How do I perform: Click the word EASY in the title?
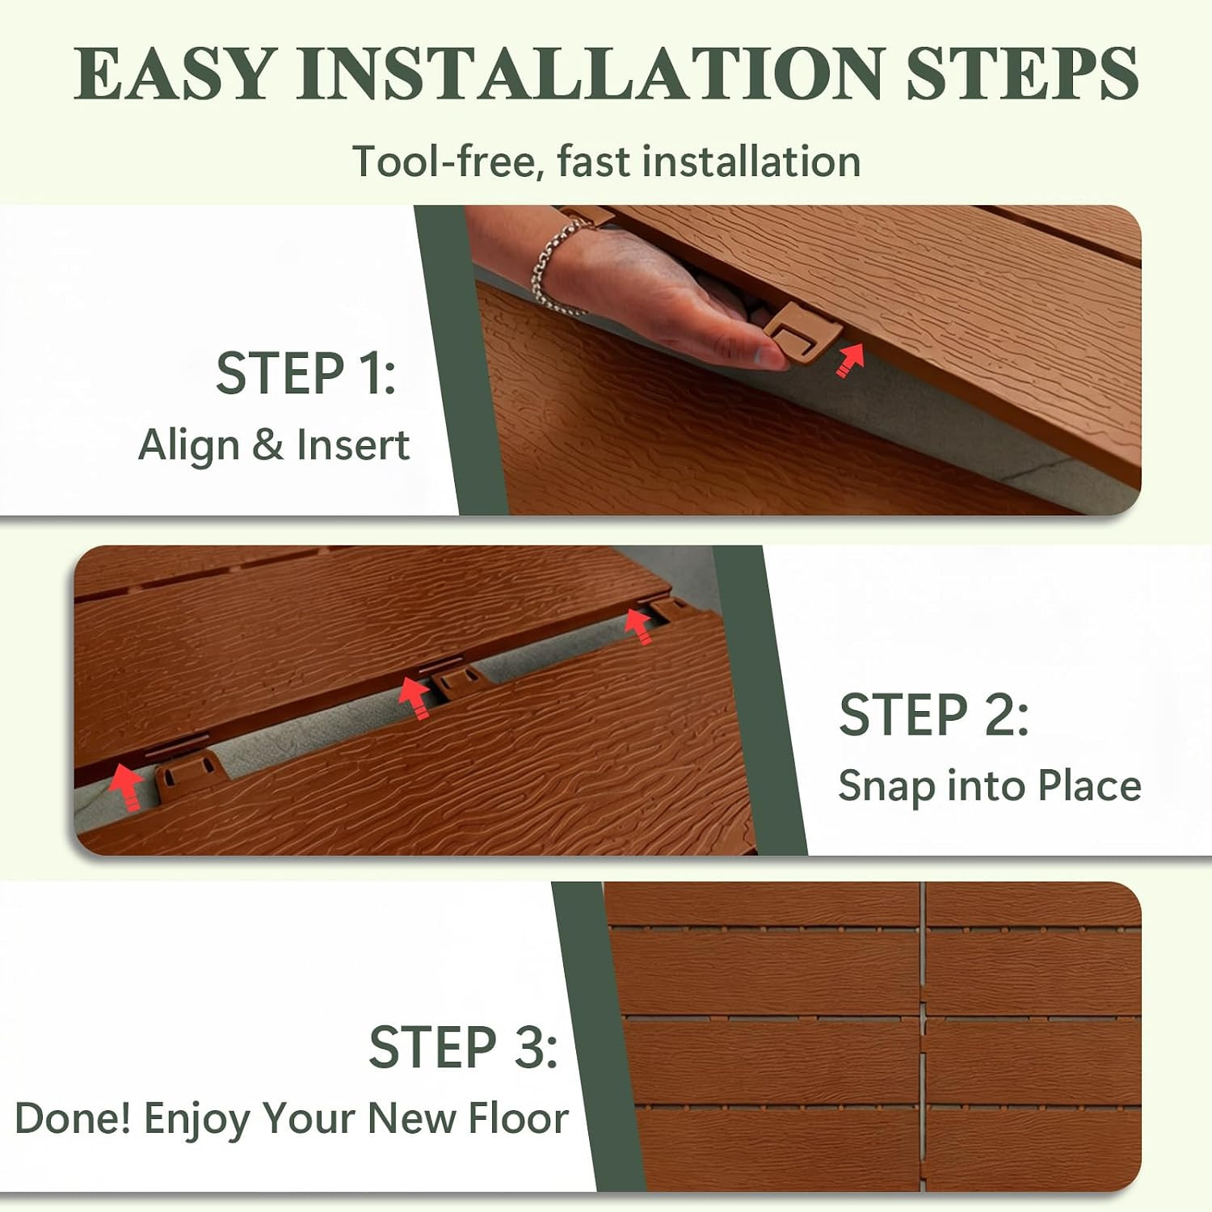175,74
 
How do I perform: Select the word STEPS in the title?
1022,74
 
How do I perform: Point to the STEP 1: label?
306,373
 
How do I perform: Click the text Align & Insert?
274,445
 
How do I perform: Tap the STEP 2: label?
934,714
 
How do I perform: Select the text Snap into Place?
990,786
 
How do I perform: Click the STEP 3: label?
463,1047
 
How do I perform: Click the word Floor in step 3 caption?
519,1118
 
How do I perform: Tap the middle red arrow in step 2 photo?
415,697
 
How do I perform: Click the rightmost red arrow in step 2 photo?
638,626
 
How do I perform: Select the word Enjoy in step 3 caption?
196,1121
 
